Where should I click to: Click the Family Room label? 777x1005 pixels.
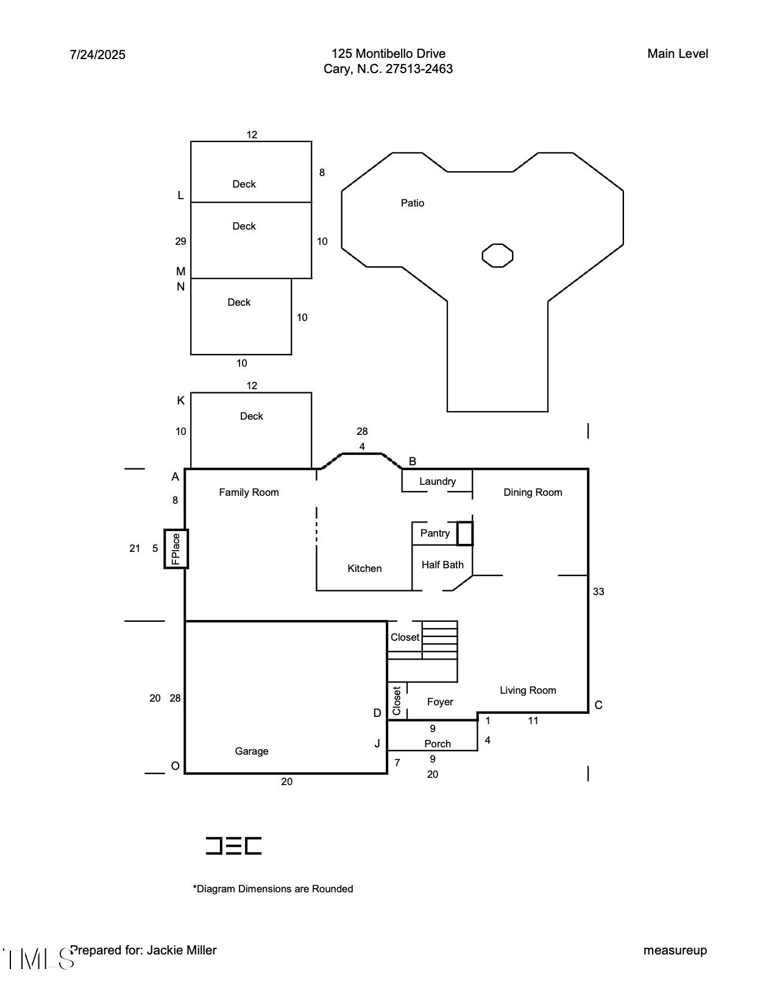pyautogui.click(x=249, y=492)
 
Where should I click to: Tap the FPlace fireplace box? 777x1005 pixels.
pyautogui.click(x=176, y=549)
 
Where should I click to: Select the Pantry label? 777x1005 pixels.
pyautogui.click(x=435, y=533)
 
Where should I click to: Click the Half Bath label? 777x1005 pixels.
pyautogui.click(x=442, y=565)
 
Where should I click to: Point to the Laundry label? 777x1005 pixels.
pyautogui.click(x=437, y=481)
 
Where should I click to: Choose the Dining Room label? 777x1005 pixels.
pyautogui.click(x=533, y=492)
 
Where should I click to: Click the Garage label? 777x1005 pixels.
pyautogui.click(x=252, y=751)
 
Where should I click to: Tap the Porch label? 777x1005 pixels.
pyautogui.click(x=438, y=744)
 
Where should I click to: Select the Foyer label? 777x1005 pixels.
pyautogui.click(x=440, y=702)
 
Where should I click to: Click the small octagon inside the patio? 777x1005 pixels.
pyautogui.click(x=497, y=255)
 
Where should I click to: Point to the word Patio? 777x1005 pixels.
pyautogui.click(x=413, y=203)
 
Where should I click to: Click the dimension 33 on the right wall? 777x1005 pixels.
pyautogui.click(x=598, y=591)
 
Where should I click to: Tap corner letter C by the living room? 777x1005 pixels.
pyautogui.click(x=598, y=705)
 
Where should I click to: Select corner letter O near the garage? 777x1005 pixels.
pyautogui.click(x=176, y=766)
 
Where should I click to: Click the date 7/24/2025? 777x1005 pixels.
pyautogui.click(x=98, y=55)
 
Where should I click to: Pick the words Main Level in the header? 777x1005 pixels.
pyautogui.click(x=678, y=54)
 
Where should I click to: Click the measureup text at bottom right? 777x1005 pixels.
pyautogui.click(x=675, y=950)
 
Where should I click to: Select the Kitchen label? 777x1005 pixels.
pyautogui.click(x=364, y=568)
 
